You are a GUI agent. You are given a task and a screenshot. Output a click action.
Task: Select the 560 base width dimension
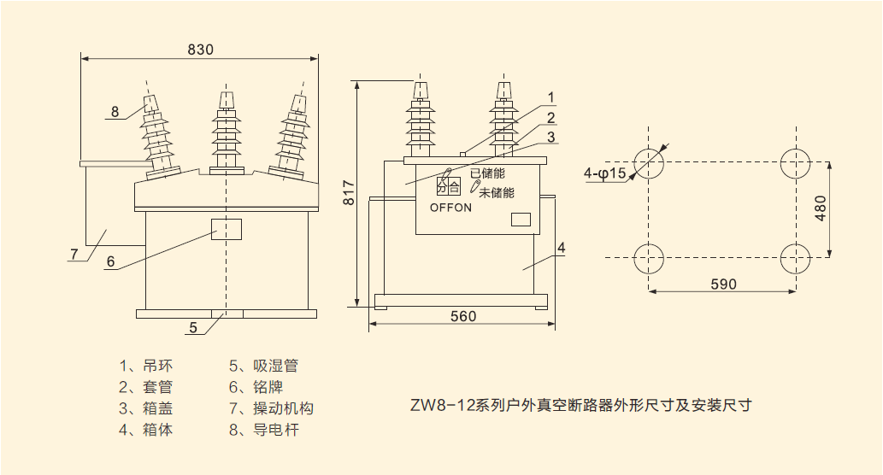[x=462, y=316]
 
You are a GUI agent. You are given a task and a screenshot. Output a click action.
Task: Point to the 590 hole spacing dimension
[x=723, y=284]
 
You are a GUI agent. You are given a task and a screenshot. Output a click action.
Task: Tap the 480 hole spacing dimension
[x=821, y=208]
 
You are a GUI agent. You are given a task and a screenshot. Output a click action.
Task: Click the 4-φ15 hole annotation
[x=605, y=173]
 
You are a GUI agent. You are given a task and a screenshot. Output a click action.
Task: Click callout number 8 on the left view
[x=115, y=111]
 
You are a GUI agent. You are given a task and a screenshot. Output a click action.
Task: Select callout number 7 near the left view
[x=74, y=254]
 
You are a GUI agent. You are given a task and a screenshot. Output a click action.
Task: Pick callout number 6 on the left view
[x=110, y=262]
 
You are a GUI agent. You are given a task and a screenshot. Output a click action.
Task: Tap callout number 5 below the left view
[x=193, y=326]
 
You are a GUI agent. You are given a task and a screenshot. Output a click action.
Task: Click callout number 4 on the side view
[x=561, y=248]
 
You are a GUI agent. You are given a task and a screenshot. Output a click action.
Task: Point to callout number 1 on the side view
[x=551, y=97]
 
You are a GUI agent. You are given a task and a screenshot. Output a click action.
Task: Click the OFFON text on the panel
[x=450, y=208]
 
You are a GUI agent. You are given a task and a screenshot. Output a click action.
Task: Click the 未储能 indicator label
[x=497, y=192]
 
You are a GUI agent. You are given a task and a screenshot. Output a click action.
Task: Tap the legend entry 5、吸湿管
[x=263, y=366]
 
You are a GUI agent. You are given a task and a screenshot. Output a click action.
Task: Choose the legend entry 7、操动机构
[x=271, y=408]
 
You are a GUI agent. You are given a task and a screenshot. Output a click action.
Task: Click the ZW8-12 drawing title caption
[x=580, y=405]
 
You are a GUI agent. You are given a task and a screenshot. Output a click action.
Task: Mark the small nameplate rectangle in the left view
[x=226, y=229]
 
